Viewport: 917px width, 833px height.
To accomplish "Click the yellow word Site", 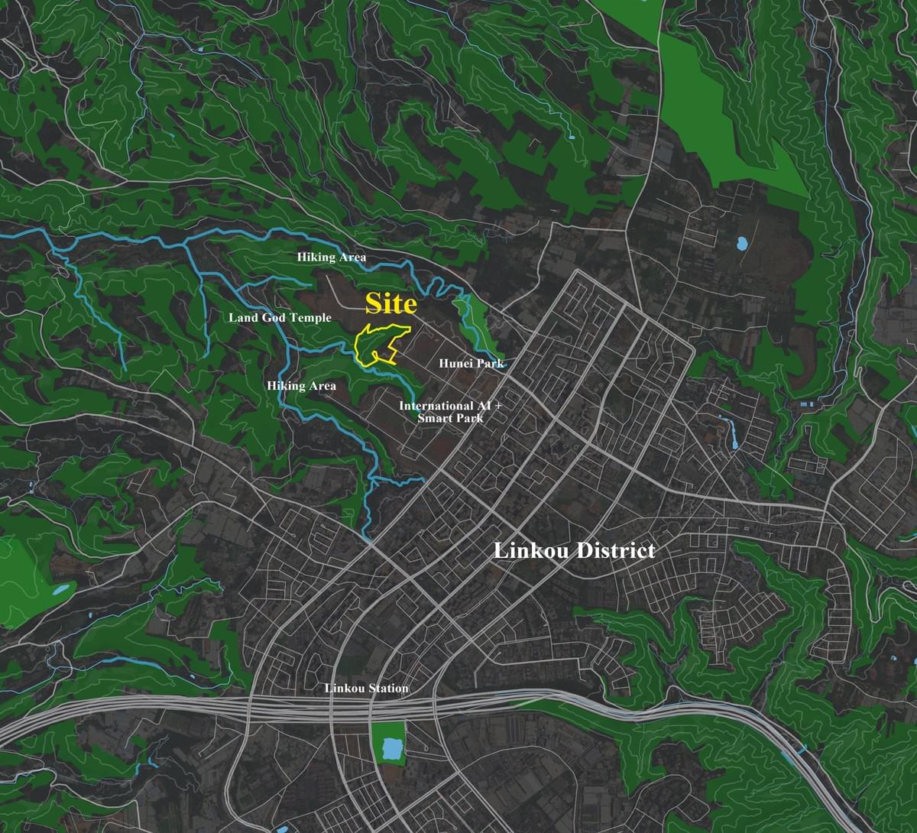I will click(x=390, y=304).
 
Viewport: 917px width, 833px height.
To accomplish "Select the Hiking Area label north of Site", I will click(x=331, y=258).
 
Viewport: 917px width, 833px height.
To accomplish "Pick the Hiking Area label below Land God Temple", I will click(x=301, y=386).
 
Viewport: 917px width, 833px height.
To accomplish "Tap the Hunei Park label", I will click(x=471, y=364).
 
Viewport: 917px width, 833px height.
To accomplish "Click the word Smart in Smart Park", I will click(x=433, y=418).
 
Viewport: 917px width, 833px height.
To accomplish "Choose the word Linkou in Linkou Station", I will click(x=344, y=689).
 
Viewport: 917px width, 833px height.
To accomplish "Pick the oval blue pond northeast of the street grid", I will click(x=740, y=245).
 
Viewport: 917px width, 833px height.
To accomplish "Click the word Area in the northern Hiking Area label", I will click(x=352, y=258).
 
